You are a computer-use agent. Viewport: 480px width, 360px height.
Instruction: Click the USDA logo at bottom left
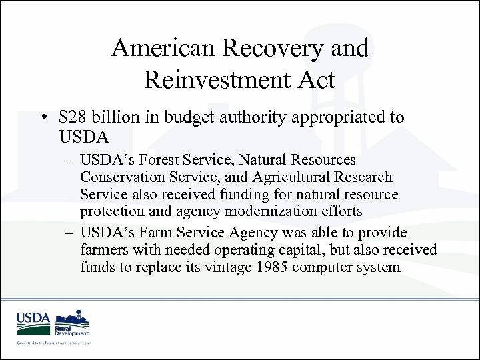(x=33, y=323)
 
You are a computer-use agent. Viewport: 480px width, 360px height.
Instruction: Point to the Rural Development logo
(x=71, y=324)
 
